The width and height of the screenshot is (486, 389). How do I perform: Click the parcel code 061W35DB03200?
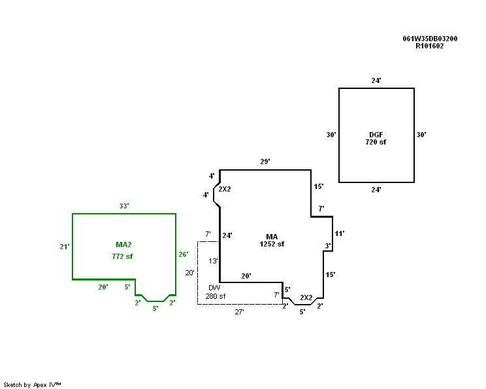(x=430, y=39)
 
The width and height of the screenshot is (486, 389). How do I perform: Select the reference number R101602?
(x=430, y=46)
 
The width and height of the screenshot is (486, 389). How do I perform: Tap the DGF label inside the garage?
(x=376, y=134)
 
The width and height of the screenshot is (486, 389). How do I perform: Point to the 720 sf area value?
(x=376, y=142)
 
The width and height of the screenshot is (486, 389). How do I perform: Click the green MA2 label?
(x=123, y=244)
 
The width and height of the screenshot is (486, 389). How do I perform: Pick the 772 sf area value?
(x=122, y=257)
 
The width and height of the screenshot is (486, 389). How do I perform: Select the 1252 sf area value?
(x=272, y=244)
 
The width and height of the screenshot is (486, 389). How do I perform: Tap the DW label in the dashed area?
(x=214, y=288)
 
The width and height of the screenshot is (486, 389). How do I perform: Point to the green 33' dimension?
(x=123, y=206)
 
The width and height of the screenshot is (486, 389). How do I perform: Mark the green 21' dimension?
(x=64, y=246)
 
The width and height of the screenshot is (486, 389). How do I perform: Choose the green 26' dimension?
(x=184, y=254)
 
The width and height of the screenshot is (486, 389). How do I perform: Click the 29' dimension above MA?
(x=265, y=161)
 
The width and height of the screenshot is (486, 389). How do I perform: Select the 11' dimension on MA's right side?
(x=339, y=233)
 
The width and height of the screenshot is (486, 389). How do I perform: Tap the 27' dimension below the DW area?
(x=240, y=313)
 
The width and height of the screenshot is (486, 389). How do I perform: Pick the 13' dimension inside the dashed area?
(x=213, y=261)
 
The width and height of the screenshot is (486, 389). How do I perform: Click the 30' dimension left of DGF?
(x=331, y=135)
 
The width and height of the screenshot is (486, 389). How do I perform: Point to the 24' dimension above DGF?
(x=376, y=80)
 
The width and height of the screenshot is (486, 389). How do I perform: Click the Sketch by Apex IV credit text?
(x=32, y=384)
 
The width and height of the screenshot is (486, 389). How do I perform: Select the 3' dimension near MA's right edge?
(x=328, y=246)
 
